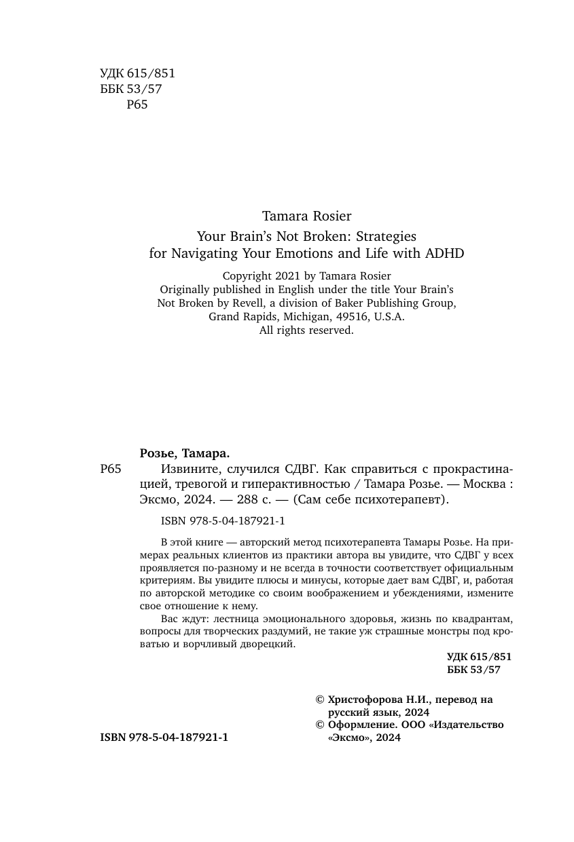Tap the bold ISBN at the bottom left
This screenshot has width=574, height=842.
click(x=164, y=737)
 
